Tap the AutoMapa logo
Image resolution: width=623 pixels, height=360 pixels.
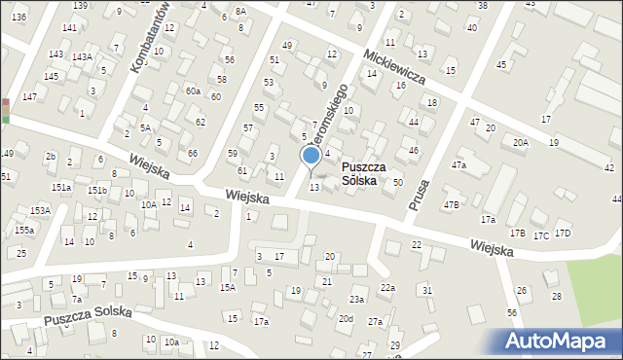(x=562, y=342)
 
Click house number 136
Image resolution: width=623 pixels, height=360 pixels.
(x=18, y=18)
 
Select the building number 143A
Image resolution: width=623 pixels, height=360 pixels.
(x=82, y=56)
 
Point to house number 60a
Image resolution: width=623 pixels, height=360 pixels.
(x=193, y=90)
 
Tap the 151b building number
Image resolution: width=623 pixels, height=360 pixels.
(x=97, y=190)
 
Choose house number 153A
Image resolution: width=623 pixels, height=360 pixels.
(x=40, y=210)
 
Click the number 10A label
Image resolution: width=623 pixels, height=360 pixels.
(x=148, y=205)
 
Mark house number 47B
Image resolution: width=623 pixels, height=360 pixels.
(x=452, y=205)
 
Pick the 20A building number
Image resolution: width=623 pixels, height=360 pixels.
(x=521, y=143)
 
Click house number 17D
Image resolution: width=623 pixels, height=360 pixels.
(x=562, y=234)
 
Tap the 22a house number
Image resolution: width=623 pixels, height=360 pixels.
(x=387, y=287)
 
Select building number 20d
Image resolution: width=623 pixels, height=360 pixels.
(x=346, y=318)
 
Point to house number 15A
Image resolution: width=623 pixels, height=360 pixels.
(x=227, y=287)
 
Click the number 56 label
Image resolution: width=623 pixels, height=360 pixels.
(x=511, y=312)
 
